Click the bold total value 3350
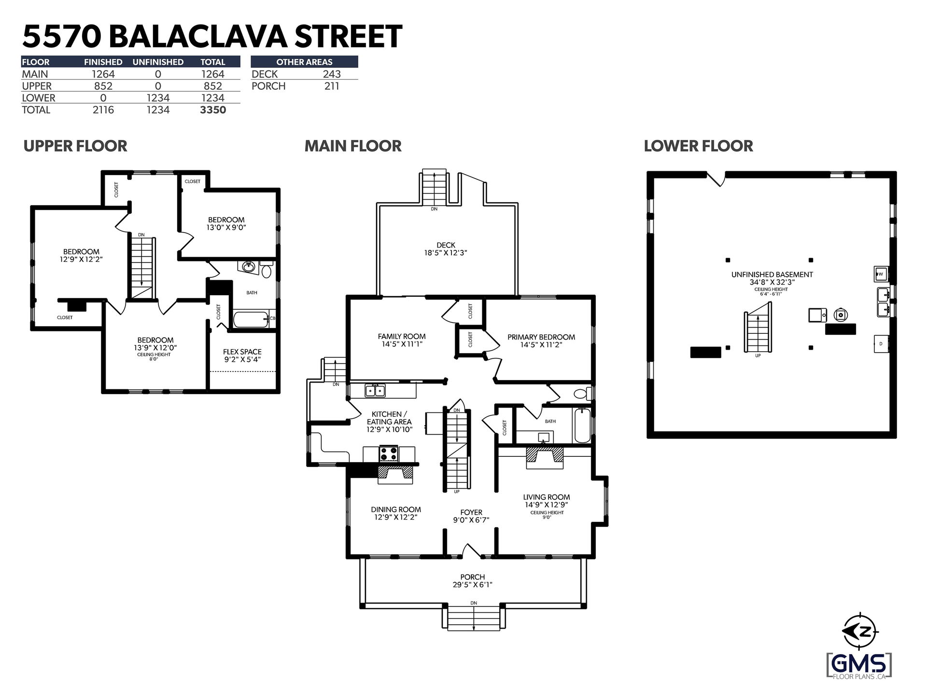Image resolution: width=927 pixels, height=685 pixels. tap(213, 110)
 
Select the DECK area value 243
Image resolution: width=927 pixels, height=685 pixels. tap(332, 74)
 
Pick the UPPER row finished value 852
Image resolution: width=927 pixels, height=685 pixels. tap(103, 86)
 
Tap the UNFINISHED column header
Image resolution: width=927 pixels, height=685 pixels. tap(158, 62)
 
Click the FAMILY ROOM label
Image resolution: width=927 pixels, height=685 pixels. tap(402, 337)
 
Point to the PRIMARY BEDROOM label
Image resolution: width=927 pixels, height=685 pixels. tap(541, 337)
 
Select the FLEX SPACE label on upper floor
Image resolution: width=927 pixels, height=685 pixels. tap(242, 352)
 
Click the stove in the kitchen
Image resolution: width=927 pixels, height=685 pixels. tap(389, 454)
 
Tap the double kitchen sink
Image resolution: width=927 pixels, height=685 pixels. tap(375, 390)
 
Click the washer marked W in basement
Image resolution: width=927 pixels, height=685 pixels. tap(880, 274)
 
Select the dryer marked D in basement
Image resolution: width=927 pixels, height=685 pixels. tap(881, 344)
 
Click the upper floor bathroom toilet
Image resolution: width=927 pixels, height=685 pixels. tap(266, 270)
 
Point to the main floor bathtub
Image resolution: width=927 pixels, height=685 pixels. tap(582, 425)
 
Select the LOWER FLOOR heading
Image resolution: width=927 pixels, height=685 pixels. tap(698, 146)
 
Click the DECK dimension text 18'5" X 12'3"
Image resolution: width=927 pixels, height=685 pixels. tap(445, 253)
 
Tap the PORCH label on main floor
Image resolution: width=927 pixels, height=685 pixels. tap(473, 577)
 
